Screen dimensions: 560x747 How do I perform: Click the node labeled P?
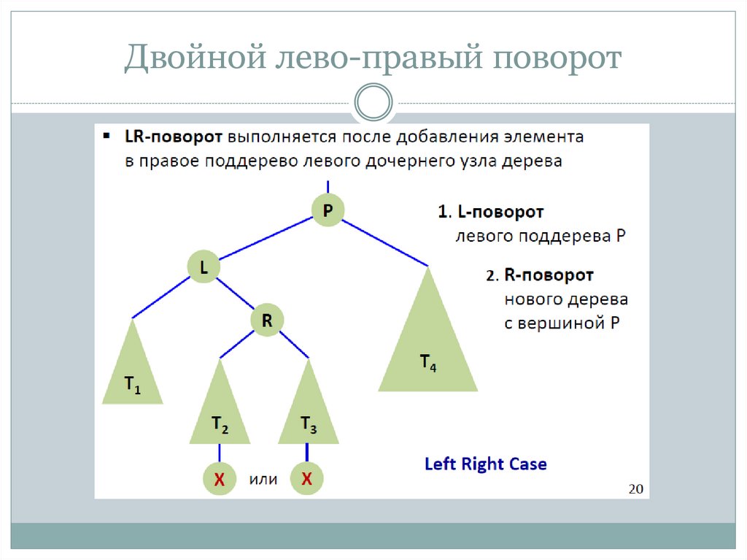point(328,210)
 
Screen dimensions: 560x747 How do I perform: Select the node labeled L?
point(204,268)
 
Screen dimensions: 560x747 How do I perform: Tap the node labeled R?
point(267,320)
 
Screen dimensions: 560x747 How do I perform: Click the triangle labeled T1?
point(132,375)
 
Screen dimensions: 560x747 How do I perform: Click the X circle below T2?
point(220,479)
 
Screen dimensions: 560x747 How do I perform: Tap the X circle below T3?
point(307,479)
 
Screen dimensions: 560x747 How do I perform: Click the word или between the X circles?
point(263,480)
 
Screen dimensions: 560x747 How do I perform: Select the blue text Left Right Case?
point(485,464)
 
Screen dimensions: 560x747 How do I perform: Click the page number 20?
point(635,488)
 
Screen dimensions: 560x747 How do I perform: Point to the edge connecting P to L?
point(266,239)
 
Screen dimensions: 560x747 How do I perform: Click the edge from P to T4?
point(385,242)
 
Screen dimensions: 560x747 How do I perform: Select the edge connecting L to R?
point(235,294)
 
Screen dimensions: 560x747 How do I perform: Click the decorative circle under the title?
point(373,103)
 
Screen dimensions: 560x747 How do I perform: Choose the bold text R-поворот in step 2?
point(549,275)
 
